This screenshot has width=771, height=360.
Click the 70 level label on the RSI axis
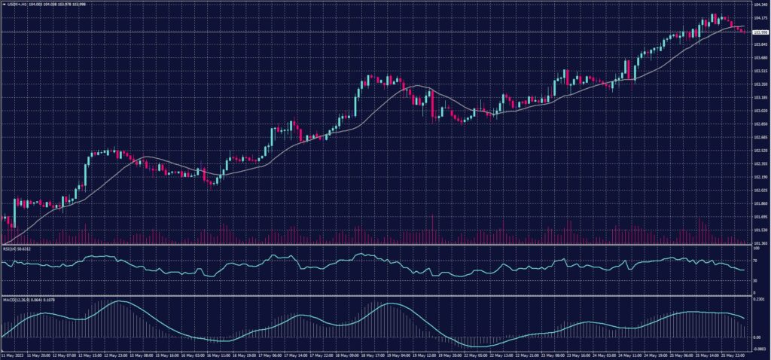tap(755, 260)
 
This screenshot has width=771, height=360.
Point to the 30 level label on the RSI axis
tap(755, 281)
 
